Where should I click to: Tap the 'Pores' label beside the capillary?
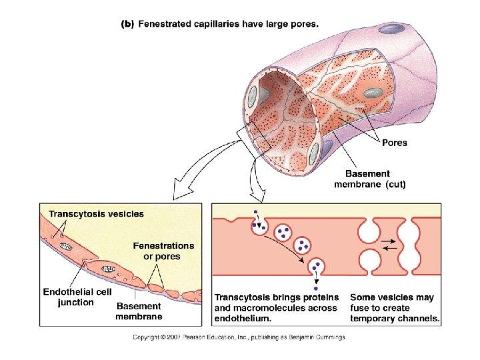tap(394, 142)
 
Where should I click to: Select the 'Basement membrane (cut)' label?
tap(369, 179)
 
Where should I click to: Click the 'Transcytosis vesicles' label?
tap(95, 214)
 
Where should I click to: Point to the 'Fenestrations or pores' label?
tap(163, 251)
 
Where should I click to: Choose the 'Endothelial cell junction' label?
tap(77, 297)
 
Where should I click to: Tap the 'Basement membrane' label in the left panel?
tap(139, 311)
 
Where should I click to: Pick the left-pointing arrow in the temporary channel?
tap(391, 248)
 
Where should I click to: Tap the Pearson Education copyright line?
tap(239, 337)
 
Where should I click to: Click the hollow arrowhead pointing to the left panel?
tap(177, 194)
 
